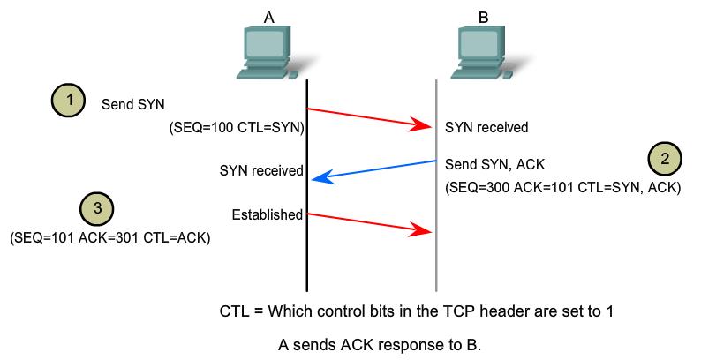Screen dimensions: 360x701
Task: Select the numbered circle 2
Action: point(664,160)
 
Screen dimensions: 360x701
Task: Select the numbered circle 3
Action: point(97,209)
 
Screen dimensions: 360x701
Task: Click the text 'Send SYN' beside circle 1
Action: point(133,103)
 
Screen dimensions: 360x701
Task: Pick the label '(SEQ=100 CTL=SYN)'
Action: point(237,128)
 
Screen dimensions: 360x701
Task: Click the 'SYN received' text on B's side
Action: point(487,128)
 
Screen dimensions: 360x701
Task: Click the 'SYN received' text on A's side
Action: point(261,170)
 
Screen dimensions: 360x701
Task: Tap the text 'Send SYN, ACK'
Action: point(491,163)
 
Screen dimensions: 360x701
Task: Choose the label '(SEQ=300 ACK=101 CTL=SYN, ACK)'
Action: point(563,188)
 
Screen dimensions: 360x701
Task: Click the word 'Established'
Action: point(267,214)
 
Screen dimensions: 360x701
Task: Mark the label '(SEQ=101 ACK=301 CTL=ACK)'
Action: point(109,236)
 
